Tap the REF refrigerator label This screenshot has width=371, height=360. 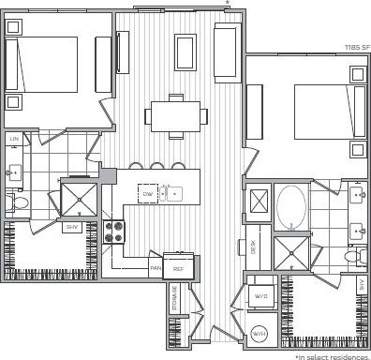177,268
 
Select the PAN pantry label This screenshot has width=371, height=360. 156,268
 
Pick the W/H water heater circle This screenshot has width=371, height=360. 260,334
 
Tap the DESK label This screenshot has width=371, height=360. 253,247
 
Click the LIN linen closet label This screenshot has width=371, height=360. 14,139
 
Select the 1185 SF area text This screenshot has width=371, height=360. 357,47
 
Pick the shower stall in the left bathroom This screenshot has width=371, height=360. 80,198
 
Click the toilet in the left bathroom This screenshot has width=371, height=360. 16,201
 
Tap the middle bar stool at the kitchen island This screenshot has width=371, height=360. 156,167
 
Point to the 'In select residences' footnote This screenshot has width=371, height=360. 333,355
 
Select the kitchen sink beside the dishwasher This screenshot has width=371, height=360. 174,194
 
